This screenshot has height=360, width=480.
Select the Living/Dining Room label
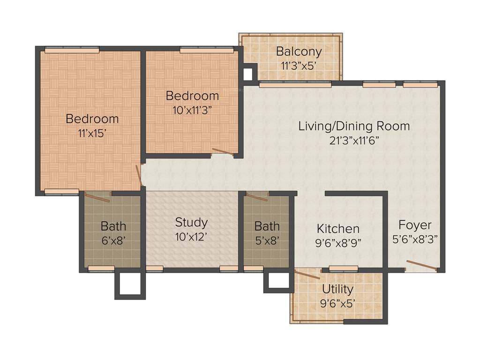(354, 126)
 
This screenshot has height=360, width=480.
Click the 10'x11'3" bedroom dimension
(192, 110)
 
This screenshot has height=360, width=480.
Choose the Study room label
(191, 222)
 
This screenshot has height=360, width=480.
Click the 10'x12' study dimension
(191, 236)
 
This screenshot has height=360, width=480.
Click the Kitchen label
(338, 229)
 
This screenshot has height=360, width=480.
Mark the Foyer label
(415, 225)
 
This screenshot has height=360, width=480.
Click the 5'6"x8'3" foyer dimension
(415, 239)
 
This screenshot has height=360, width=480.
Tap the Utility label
(337, 289)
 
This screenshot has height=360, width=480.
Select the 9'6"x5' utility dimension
(337, 303)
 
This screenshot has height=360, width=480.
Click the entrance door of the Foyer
(421, 265)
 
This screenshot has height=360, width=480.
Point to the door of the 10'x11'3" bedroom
(222, 151)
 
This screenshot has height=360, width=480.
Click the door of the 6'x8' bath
(97, 197)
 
